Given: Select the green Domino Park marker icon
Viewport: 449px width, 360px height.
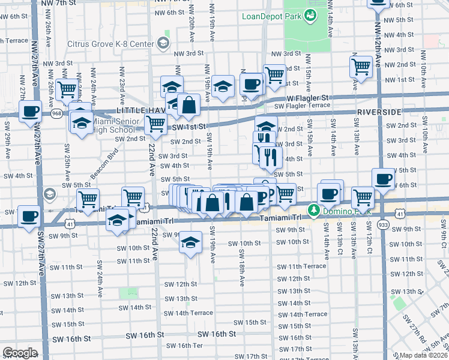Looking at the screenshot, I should (313, 210).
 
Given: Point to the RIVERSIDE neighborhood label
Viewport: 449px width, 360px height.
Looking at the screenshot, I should (379, 112).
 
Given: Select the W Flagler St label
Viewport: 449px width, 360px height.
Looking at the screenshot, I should (308, 97).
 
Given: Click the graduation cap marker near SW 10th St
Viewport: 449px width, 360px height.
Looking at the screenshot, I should (191, 242).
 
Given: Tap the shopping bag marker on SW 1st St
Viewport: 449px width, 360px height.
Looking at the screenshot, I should (188, 104).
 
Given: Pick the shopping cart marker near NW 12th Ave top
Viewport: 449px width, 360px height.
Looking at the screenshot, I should (361, 66).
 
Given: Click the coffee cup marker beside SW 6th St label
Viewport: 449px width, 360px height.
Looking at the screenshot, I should (383, 178).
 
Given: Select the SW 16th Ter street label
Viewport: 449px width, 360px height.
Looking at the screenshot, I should (185, 346).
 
